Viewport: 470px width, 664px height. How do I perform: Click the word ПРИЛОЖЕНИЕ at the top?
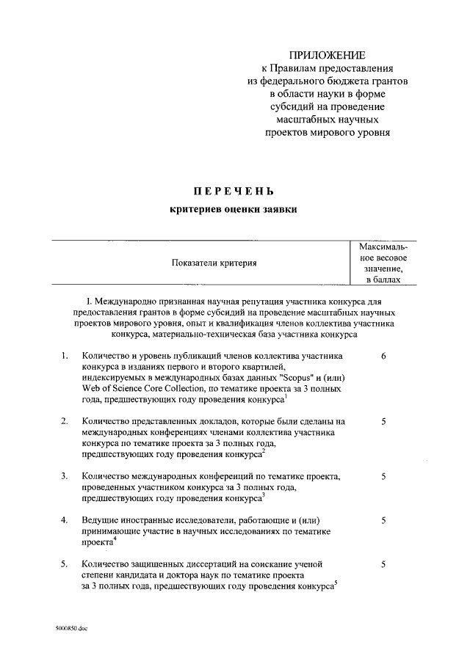[x=327, y=56]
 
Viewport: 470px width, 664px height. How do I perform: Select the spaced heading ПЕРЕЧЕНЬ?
[x=234, y=191]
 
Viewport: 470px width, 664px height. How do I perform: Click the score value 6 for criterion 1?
[x=384, y=356]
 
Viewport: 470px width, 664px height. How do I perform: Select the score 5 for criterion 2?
[x=384, y=422]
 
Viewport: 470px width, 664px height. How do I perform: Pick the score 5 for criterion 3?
[x=384, y=476]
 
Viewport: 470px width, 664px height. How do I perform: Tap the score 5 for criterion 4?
[x=384, y=520]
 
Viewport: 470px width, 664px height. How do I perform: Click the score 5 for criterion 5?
[x=384, y=563]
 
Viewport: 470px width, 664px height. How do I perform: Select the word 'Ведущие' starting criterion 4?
[x=101, y=520]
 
